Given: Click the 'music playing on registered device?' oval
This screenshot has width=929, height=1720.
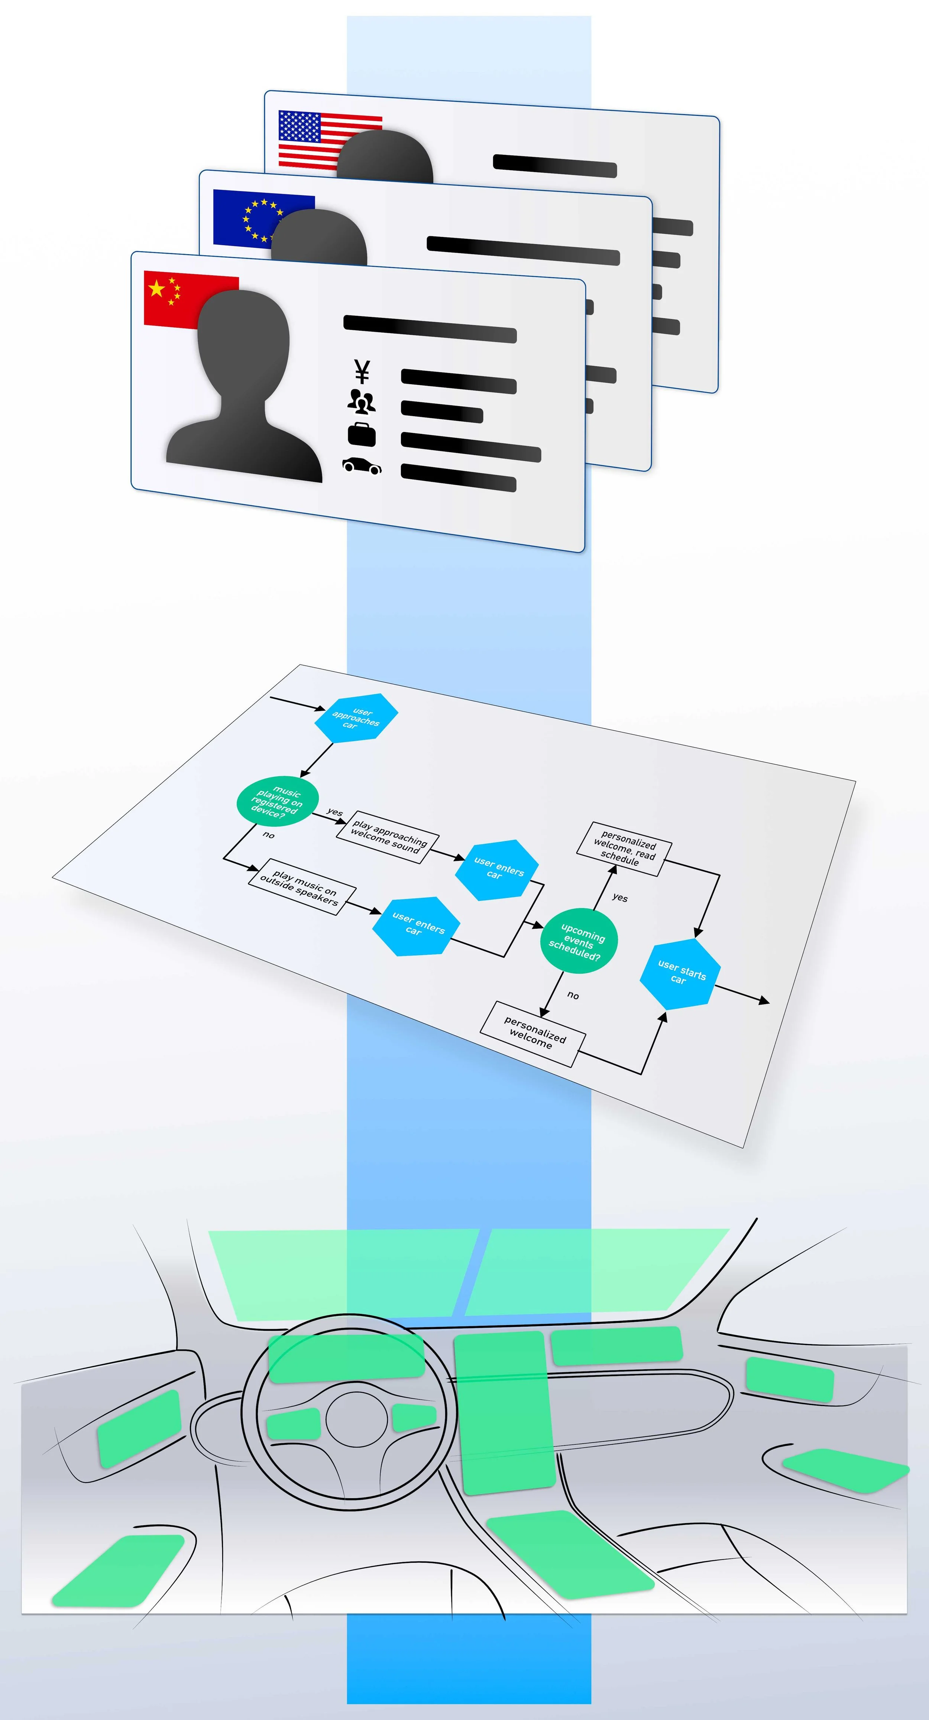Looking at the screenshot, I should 277,801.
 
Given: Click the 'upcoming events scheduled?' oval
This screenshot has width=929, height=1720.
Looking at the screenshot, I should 578,940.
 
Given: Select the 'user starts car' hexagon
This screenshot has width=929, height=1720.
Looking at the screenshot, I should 680,974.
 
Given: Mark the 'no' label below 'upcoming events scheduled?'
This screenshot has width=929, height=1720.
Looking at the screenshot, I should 573,995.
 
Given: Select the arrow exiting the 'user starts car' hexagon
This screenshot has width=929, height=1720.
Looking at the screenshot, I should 741,993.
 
